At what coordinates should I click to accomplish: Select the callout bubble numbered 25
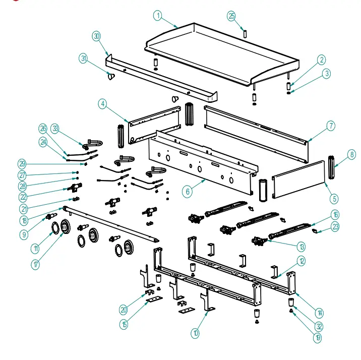[231, 16]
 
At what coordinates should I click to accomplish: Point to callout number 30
[96, 36]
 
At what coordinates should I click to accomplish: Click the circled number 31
[84, 58]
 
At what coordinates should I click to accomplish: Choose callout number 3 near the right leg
[327, 74]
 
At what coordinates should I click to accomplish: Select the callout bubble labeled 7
[330, 126]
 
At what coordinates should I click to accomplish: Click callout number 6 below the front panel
[187, 192]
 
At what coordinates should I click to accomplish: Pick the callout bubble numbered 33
[54, 129]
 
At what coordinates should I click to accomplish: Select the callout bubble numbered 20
[124, 310]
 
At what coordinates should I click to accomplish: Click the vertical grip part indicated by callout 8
[331, 167]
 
